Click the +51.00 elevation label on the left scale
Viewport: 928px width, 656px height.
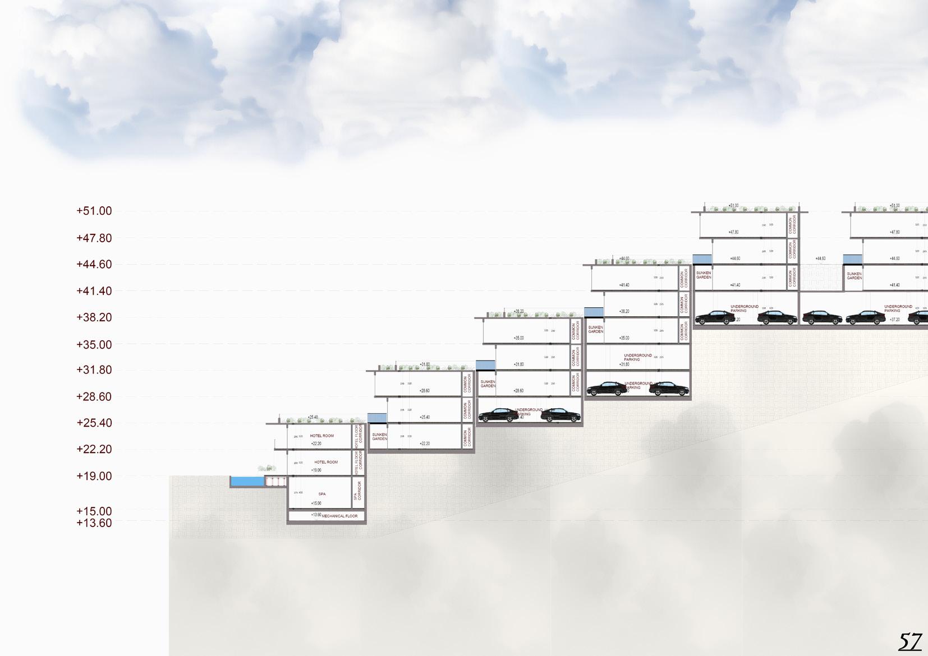point(94,211)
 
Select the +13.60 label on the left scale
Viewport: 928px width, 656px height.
point(94,523)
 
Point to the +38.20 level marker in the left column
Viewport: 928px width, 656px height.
point(94,317)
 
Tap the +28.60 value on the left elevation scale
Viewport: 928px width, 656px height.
point(94,397)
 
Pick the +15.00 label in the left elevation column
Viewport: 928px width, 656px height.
point(94,511)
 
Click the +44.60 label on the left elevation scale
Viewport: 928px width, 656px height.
point(94,265)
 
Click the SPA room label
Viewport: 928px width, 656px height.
point(322,494)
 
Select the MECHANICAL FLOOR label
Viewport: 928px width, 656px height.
point(339,516)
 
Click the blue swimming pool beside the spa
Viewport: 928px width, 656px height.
point(247,481)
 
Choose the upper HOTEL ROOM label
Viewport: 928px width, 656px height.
point(322,436)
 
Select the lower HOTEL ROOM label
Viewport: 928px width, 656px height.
point(326,462)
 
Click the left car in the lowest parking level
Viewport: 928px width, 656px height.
point(498,415)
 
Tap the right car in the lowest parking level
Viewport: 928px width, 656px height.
point(560,415)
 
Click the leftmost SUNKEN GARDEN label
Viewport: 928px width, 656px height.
point(379,437)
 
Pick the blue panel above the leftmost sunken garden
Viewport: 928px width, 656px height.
point(377,418)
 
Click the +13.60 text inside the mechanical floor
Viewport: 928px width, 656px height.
point(316,515)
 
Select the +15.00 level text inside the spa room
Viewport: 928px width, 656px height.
point(316,503)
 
